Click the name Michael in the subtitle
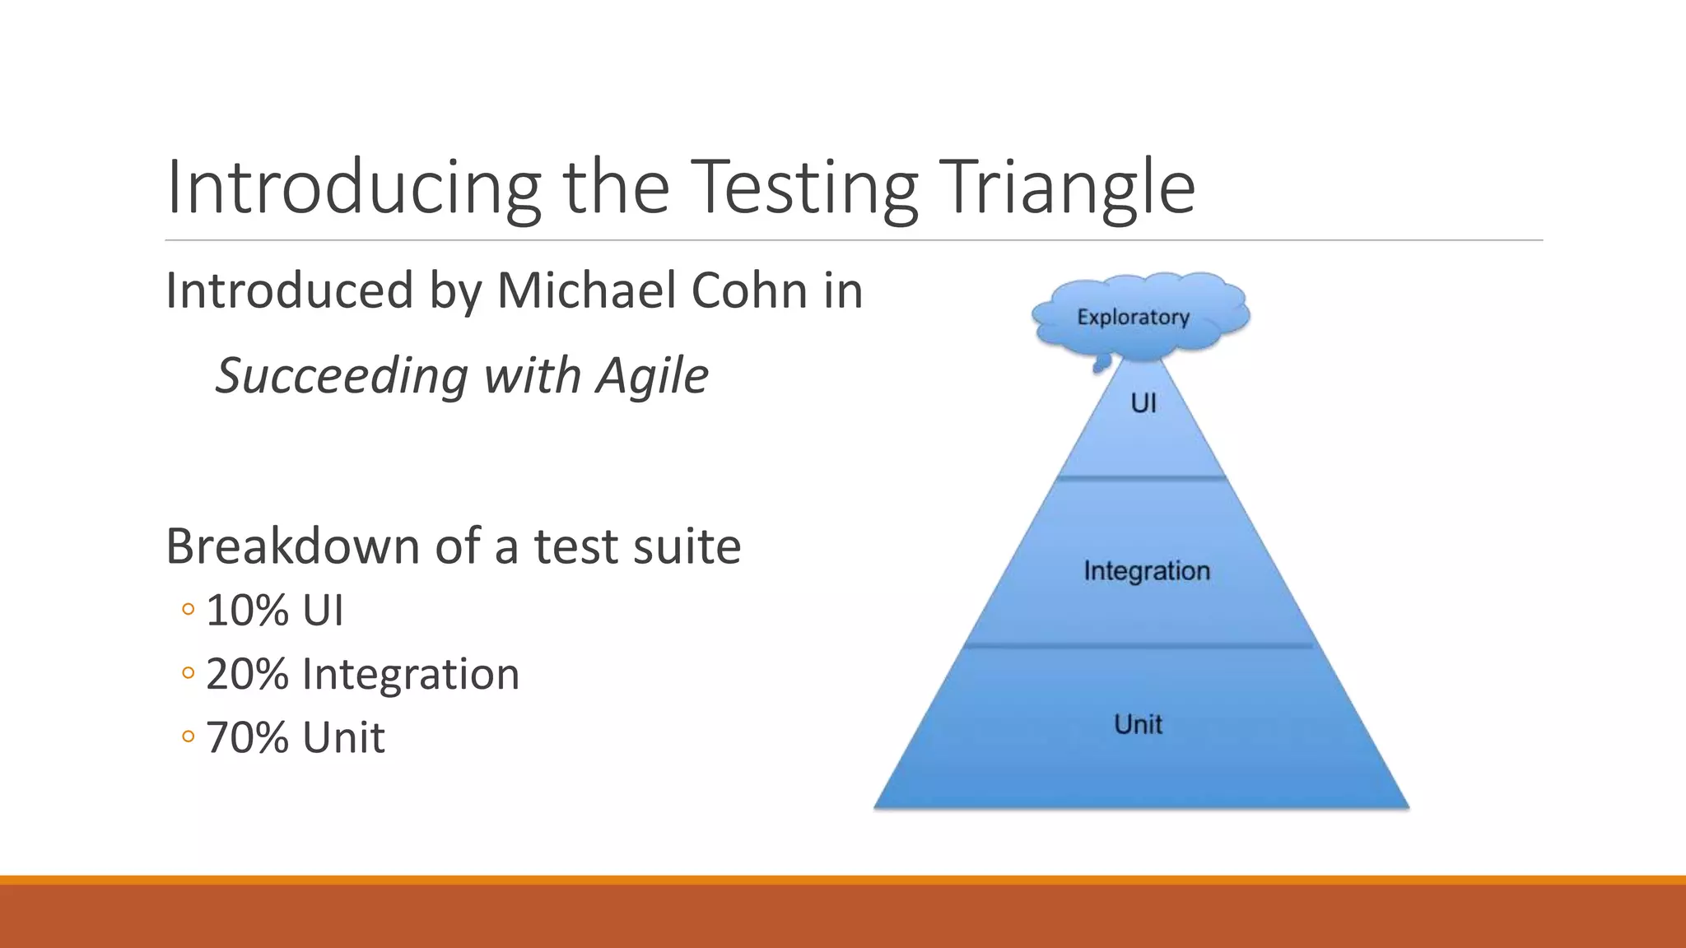click(585, 290)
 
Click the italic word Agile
click(652, 376)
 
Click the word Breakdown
click(292, 546)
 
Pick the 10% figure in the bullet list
click(247, 611)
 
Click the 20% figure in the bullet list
click(247, 674)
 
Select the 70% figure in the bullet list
click(247, 737)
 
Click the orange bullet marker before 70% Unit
click(189, 737)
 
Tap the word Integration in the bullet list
click(411, 674)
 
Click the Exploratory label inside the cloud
click(1133, 317)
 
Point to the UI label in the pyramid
click(1143, 403)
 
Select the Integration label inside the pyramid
click(1146, 570)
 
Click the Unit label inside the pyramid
click(1138, 724)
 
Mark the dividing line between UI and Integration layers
click(1142, 477)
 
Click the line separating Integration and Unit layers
click(1139, 646)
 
